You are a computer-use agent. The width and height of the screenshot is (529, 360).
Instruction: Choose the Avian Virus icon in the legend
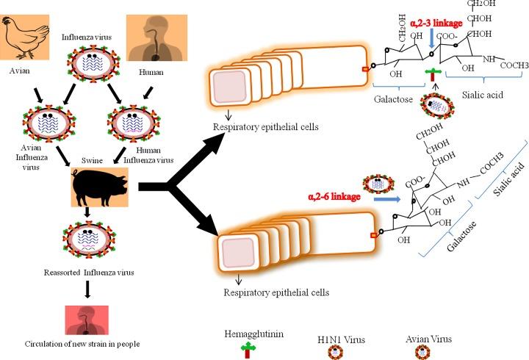[422, 350]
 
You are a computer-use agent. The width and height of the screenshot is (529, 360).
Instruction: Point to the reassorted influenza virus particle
[88, 243]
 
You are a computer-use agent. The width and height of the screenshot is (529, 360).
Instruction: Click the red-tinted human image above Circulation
[87, 317]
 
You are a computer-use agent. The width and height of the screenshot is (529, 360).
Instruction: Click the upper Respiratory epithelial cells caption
[265, 126]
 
